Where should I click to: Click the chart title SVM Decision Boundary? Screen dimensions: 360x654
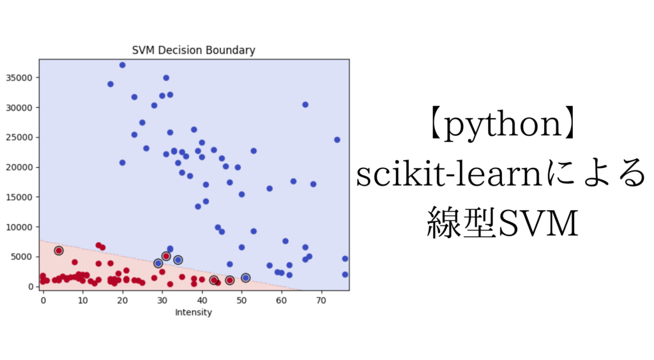[193, 50]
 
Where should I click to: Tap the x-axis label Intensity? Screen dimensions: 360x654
[193, 313]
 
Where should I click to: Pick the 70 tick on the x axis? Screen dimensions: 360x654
[321, 299]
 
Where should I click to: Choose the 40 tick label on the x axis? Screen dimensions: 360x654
[202, 299]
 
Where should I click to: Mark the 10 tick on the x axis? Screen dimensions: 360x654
[82, 299]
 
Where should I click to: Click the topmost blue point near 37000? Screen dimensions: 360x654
[122, 65]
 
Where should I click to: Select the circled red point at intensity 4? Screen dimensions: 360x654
[59, 251]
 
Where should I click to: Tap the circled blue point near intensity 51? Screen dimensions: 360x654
[245, 278]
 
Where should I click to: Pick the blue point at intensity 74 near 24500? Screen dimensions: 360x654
[337, 140]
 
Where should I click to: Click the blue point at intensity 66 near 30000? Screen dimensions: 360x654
[305, 105]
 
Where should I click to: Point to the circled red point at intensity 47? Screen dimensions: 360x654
[229, 280]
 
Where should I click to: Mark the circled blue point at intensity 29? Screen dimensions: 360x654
[158, 263]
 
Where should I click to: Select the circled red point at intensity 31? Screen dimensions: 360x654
[166, 256]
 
